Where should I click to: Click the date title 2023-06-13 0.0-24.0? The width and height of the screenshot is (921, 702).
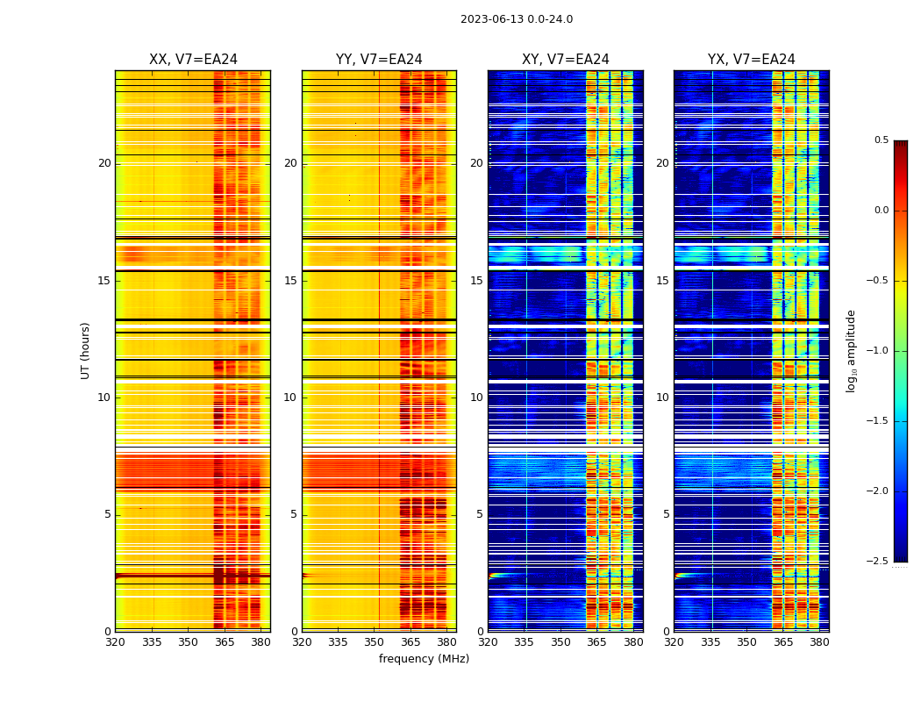tap(517, 19)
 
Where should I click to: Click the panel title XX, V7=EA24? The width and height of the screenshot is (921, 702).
tap(193, 60)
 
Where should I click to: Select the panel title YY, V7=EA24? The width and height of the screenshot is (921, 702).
tap(379, 60)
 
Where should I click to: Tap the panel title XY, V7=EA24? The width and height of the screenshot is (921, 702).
tap(566, 60)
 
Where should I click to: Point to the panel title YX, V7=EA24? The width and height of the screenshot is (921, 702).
tap(752, 60)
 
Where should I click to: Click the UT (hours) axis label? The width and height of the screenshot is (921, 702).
tap(86, 350)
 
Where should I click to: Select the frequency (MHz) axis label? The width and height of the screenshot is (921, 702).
tap(424, 659)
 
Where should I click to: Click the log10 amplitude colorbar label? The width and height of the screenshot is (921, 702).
tap(851, 350)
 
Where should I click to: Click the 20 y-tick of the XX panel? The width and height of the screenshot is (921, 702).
tap(105, 163)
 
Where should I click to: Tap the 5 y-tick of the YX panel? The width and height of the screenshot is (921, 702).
tap(667, 514)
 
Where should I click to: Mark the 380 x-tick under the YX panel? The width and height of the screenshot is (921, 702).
tap(819, 641)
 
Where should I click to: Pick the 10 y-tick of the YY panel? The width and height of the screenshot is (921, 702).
tap(290, 398)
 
